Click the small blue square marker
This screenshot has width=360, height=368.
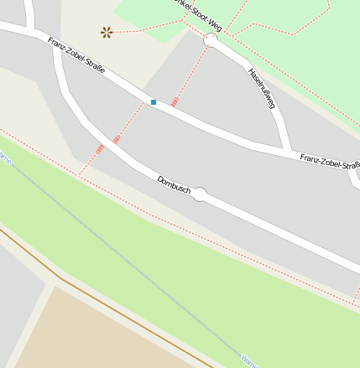point(154,102)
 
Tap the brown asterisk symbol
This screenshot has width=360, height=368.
point(107,33)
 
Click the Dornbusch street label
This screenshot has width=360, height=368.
point(174,186)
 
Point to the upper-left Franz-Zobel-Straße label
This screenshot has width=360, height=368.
point(76,55)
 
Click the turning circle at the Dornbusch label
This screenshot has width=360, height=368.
point(200,194)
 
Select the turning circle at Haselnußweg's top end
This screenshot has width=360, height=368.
point(210,40)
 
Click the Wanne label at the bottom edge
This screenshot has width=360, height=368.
point(248,360)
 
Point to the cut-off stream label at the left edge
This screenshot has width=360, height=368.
point(5,158)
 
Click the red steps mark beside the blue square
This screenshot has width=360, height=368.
point(175,101)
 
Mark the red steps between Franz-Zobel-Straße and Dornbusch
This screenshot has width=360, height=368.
point(117,137)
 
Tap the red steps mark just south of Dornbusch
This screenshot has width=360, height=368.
point(99,149)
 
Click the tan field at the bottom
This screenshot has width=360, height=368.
point(101,335)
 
